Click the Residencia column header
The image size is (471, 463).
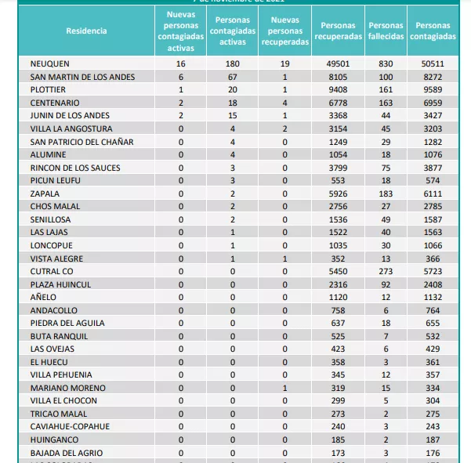tap(86, 31)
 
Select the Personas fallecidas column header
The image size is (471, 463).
tap(386, 31)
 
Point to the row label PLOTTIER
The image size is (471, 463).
tap(49, 89)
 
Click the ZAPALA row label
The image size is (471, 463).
tap(45, 193)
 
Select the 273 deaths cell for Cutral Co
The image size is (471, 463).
tap(386, 270)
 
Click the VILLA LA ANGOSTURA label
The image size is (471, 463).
tap(71, 128)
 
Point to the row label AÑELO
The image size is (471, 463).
tap(43, 296)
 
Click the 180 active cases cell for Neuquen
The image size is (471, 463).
tap(232, 63)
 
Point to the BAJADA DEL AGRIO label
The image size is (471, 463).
tap(66, 452)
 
